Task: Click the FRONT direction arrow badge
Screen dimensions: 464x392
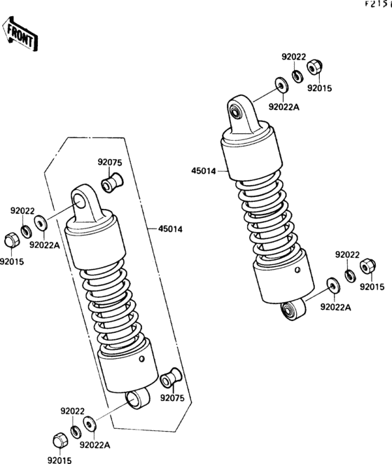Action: coord(20,35)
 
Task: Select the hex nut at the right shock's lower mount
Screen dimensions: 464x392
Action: coord(366,268)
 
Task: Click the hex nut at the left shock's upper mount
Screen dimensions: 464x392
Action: coord(11,240)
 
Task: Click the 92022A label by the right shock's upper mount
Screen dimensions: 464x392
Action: coord(283,107)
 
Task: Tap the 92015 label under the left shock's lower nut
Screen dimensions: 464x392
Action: coord(60,459)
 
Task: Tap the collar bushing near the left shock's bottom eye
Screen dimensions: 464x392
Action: coord(168,379)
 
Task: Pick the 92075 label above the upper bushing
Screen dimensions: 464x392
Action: coord(110,163)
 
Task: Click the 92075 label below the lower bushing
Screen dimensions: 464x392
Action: coord(171,397)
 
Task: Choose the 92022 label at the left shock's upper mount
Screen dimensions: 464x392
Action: coord(22,210)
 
